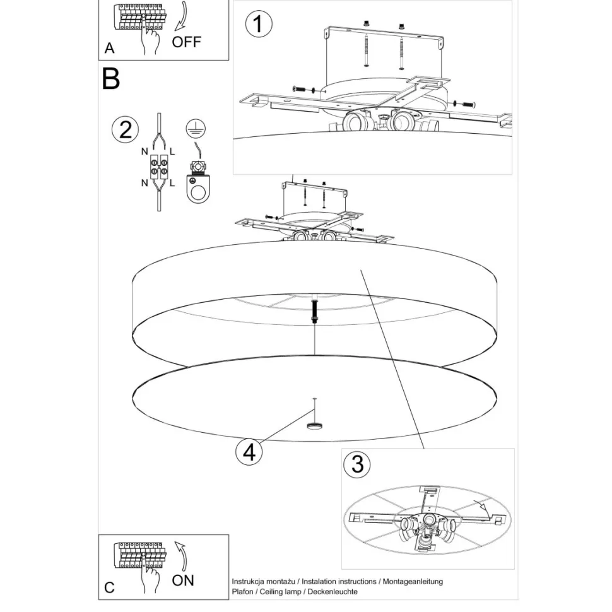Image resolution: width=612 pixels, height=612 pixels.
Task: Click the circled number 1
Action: [259, 24]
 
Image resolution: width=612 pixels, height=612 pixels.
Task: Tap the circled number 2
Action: [125, 129]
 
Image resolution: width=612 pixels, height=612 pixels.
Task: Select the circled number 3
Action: [357, 464]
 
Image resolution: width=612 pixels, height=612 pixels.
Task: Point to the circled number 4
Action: [249, 452]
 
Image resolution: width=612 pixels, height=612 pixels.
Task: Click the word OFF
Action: [187, 42]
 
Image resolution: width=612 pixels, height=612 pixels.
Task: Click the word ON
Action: [183, 580]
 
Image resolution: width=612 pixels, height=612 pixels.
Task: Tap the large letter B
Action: [111, 79]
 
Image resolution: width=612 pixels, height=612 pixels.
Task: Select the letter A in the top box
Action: [109, 48]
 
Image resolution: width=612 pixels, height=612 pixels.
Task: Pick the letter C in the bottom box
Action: [109, 587]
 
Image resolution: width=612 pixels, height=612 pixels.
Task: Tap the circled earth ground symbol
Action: [196, 129]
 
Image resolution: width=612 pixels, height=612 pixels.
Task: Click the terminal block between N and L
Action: [159, 167]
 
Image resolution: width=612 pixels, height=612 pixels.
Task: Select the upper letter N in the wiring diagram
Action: [144, 151]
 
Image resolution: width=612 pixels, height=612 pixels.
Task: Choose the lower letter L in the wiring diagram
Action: [172, 183]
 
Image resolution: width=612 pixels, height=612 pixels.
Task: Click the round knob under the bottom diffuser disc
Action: [314, 426]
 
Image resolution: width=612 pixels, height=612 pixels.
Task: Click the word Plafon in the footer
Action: [242, 592]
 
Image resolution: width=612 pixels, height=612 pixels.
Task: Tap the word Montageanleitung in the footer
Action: [413, 582]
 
